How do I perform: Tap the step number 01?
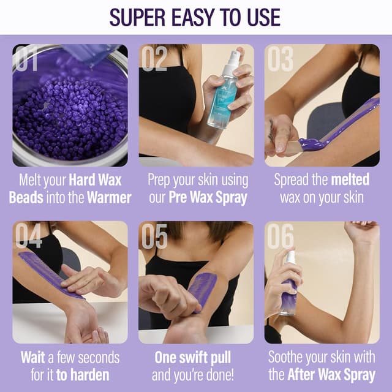[x=28, y=59]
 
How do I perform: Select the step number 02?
[x=154, y=59]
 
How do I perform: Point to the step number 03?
[x=281, y=59]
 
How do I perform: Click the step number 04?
[x=28, y=236]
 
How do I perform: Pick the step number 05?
[x=154, y=236]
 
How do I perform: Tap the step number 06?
[x=281, y=236]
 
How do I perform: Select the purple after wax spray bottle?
[x=288, y=288]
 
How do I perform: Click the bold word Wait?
[x=32, y=357]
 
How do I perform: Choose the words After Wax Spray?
[x=331, y=374]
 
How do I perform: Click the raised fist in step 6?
[x=361, y=231]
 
